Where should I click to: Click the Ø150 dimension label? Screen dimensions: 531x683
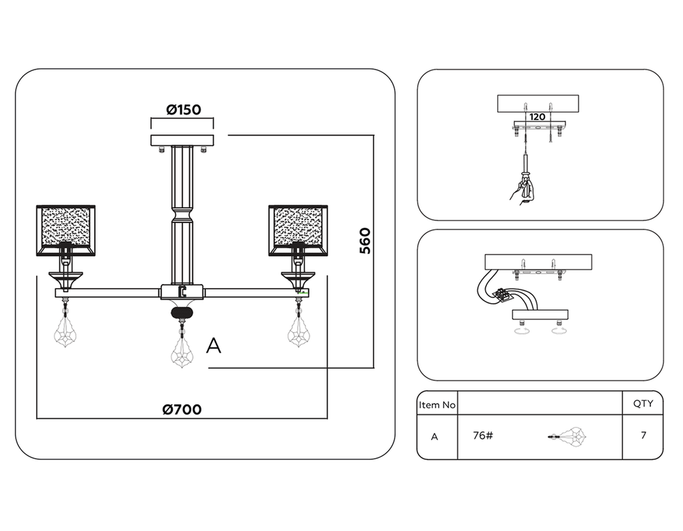pos(183,109)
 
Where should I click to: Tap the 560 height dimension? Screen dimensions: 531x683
pos(366,240)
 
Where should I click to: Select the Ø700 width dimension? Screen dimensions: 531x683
pos(182,410)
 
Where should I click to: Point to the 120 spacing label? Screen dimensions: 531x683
pos(538,117)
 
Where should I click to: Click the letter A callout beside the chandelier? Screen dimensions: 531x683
pos(214,347)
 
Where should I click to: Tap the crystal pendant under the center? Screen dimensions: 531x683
pos(182,349)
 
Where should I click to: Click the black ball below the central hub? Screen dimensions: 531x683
pos(182,313)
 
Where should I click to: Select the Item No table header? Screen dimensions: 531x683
pos(437,405)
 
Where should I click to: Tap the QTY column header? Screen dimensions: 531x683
pos(643,403)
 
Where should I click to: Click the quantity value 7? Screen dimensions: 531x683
pos(643,435)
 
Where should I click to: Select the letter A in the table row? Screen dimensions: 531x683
pos(434,436)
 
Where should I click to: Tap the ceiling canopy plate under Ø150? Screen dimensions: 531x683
pos(182,140)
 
